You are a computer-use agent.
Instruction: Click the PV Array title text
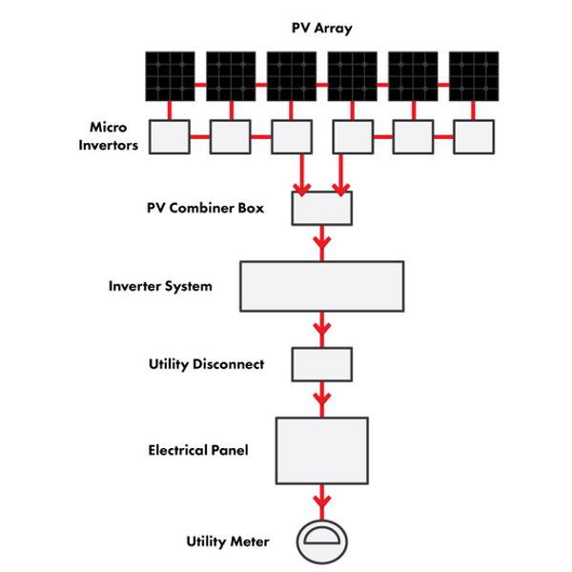[322, 28]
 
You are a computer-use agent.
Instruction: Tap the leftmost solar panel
[170, 76]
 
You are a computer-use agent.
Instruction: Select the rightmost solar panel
[474, 76]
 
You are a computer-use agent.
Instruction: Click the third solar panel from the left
[292, 76]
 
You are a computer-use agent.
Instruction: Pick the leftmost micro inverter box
[170, 136]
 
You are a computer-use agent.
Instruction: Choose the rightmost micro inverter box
[474, 136]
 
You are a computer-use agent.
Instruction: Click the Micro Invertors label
[109, 136]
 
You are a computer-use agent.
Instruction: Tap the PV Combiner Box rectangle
[322, 208]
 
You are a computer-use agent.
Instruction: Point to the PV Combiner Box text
[205, 208]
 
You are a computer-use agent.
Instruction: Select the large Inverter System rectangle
[322, 286]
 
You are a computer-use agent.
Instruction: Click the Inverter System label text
[160, 286]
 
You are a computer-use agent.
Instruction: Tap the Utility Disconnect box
[322, 364]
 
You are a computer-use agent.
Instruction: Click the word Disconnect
[229, 364]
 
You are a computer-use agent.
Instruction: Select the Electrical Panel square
[322, 451]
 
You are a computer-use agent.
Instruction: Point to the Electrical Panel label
[198, 450]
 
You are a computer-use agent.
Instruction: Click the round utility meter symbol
[322, 542]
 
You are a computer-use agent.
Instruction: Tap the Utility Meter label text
[228, 541]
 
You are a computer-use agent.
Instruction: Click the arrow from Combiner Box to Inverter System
[322, 243]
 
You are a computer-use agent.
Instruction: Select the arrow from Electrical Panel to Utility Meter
[322, 502]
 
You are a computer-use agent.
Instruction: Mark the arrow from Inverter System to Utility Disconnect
[322, 330]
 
